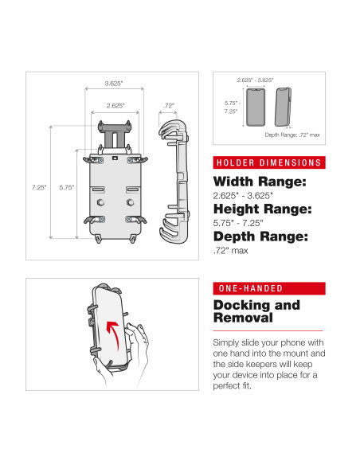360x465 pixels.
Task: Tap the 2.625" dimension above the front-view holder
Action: coord(116,105)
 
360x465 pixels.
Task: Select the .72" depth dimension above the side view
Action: coord(169,105)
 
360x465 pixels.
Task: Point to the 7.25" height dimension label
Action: coord(39,187)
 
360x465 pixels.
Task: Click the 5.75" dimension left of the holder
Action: coord(68,187)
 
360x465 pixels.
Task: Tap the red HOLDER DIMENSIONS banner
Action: coord(269,163)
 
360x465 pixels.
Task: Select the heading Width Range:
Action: coord(258,182)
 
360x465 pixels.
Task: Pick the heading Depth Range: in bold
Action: coord(260,236)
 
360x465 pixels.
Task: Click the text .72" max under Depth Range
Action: coord(231,251)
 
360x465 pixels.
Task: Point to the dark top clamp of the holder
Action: coord(116,127)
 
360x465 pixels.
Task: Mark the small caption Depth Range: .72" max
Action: coord(292,135)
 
